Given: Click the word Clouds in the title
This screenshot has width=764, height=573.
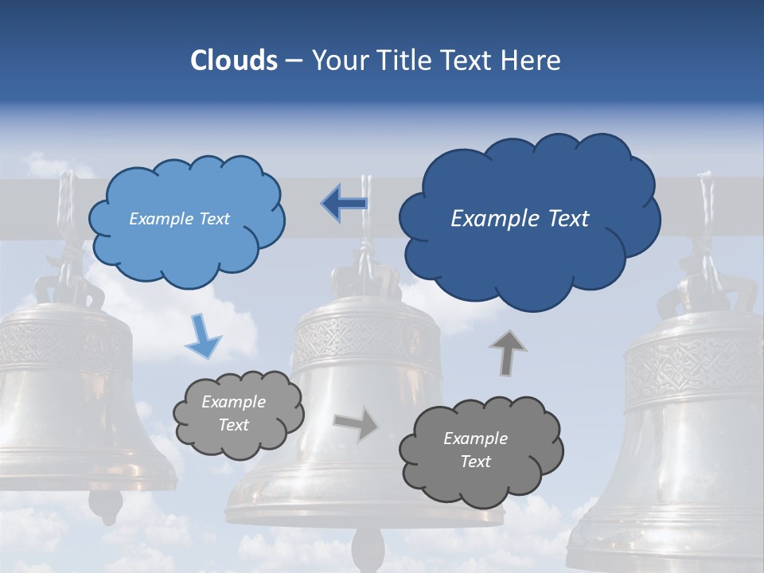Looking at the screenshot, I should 233,60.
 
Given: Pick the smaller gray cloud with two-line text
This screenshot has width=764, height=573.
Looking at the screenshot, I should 238,414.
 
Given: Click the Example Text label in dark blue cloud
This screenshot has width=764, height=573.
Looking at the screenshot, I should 520,219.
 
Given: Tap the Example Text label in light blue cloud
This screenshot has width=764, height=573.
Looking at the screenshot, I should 180,219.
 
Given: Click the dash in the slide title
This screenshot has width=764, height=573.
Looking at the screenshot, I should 294,61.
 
